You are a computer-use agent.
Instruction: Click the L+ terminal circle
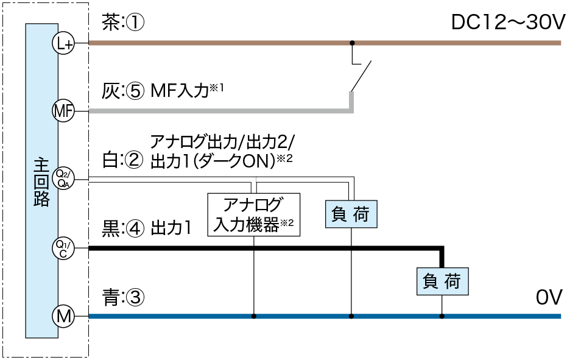63,43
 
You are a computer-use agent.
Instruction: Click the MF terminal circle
63,111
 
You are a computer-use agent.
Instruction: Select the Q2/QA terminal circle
63,178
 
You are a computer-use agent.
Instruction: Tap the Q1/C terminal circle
63,248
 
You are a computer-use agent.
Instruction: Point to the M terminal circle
63,316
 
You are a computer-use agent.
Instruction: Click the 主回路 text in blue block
42,183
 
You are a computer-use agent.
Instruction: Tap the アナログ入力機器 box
254,214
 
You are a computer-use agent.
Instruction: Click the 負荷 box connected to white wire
351,213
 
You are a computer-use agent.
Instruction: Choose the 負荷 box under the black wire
443,281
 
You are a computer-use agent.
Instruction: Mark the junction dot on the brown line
352,43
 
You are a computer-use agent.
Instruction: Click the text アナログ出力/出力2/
222,144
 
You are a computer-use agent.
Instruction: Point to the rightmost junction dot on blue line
442,316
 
